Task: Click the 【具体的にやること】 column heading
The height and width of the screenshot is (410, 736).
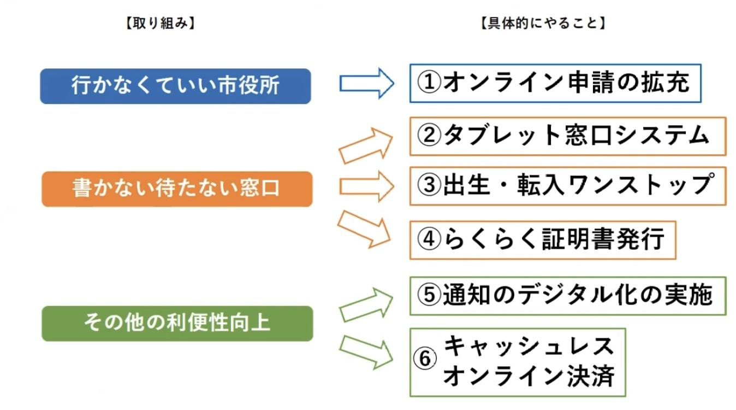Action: coord(544,24)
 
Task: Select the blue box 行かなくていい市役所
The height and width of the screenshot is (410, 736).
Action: coord(175,86)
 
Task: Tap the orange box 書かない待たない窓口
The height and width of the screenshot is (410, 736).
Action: coord(177,189)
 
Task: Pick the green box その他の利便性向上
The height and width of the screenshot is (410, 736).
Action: coord(177,323)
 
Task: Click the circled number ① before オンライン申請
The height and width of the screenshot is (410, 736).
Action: coord(429,84)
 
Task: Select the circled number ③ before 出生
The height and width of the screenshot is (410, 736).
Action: coord(429,186)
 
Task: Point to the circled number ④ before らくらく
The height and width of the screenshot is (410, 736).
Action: coord(429,239)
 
